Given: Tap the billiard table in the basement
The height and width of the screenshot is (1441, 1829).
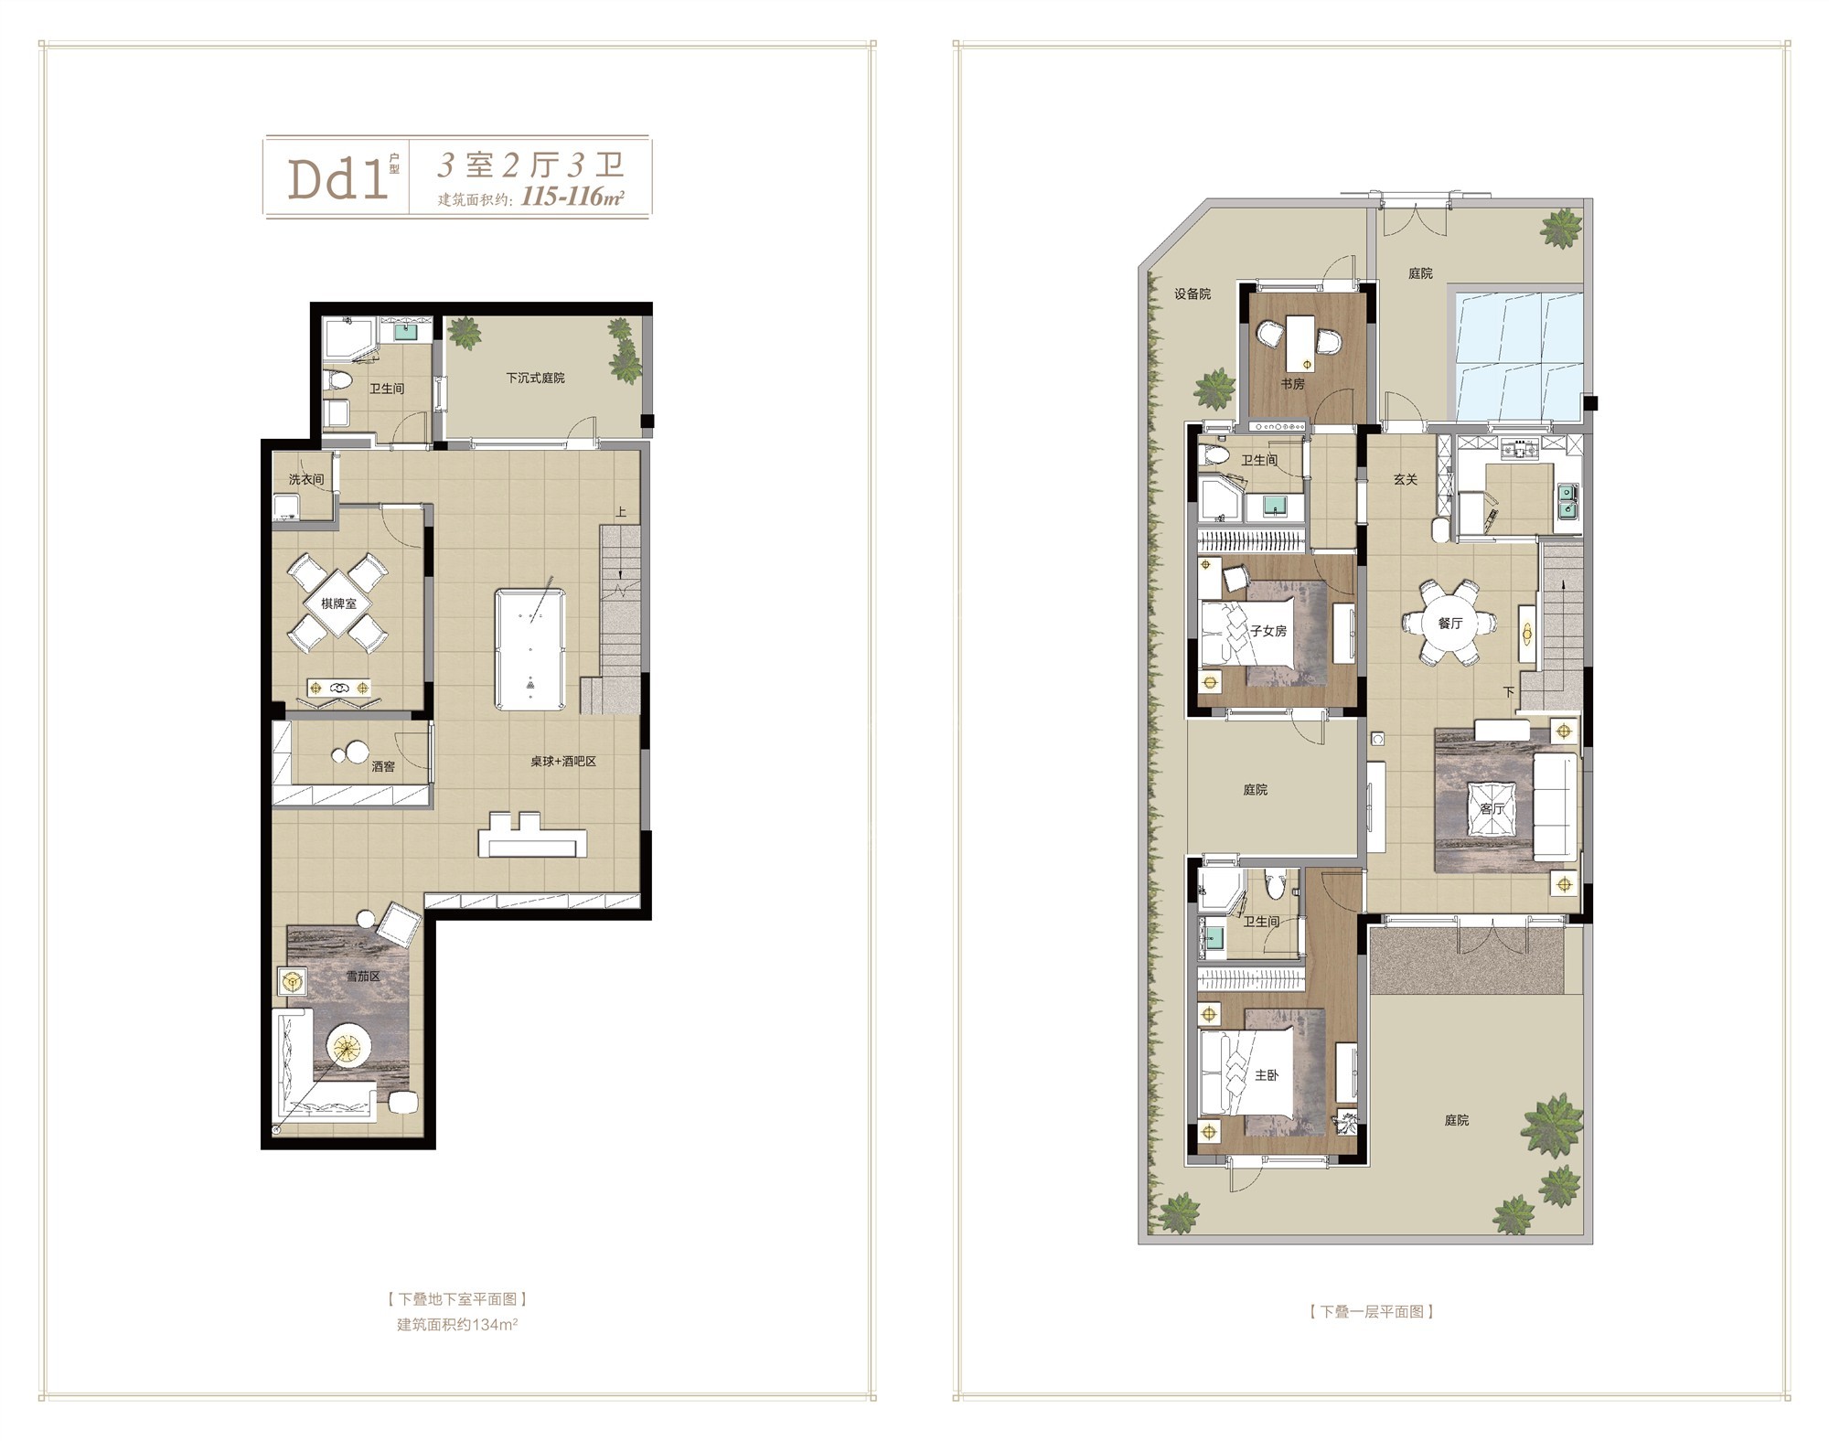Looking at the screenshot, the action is coord(530,649).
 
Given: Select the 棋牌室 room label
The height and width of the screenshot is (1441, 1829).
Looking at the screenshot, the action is coord(338,604).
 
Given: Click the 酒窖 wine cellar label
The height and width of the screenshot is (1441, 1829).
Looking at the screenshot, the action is coord(384,766).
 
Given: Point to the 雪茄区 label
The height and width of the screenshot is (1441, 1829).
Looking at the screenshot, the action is coord(363,977).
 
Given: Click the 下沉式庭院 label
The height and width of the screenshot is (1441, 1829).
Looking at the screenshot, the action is coord(536,378).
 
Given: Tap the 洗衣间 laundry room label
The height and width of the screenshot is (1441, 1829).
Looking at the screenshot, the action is coord(306,479).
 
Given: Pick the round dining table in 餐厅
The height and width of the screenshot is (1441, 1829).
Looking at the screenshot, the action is coord(1449,623).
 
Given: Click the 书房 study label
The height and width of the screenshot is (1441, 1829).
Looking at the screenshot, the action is coord(1292,384).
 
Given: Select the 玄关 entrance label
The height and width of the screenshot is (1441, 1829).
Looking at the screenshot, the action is coord(1406,478).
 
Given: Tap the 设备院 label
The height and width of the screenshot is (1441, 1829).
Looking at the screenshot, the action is coord(1193,294).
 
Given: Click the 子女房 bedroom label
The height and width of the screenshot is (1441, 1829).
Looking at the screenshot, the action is coord(1268,631).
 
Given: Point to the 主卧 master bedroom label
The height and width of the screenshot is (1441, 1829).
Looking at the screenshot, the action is coord(1266,1075).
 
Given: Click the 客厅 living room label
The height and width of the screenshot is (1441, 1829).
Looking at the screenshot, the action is coord(1492,809).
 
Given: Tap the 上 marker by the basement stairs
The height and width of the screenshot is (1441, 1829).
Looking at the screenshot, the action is coord(621,512).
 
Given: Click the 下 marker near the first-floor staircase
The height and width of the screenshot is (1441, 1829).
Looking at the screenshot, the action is coord(1508,692).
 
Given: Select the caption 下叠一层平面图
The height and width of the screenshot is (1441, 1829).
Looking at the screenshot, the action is coord(1372,1311).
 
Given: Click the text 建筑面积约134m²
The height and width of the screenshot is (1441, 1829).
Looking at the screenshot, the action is coord(457,1324).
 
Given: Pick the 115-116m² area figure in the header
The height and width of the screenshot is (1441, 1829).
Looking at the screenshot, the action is coord(572,197).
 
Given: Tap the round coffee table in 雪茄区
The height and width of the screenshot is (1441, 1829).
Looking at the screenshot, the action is coord(350,1044).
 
